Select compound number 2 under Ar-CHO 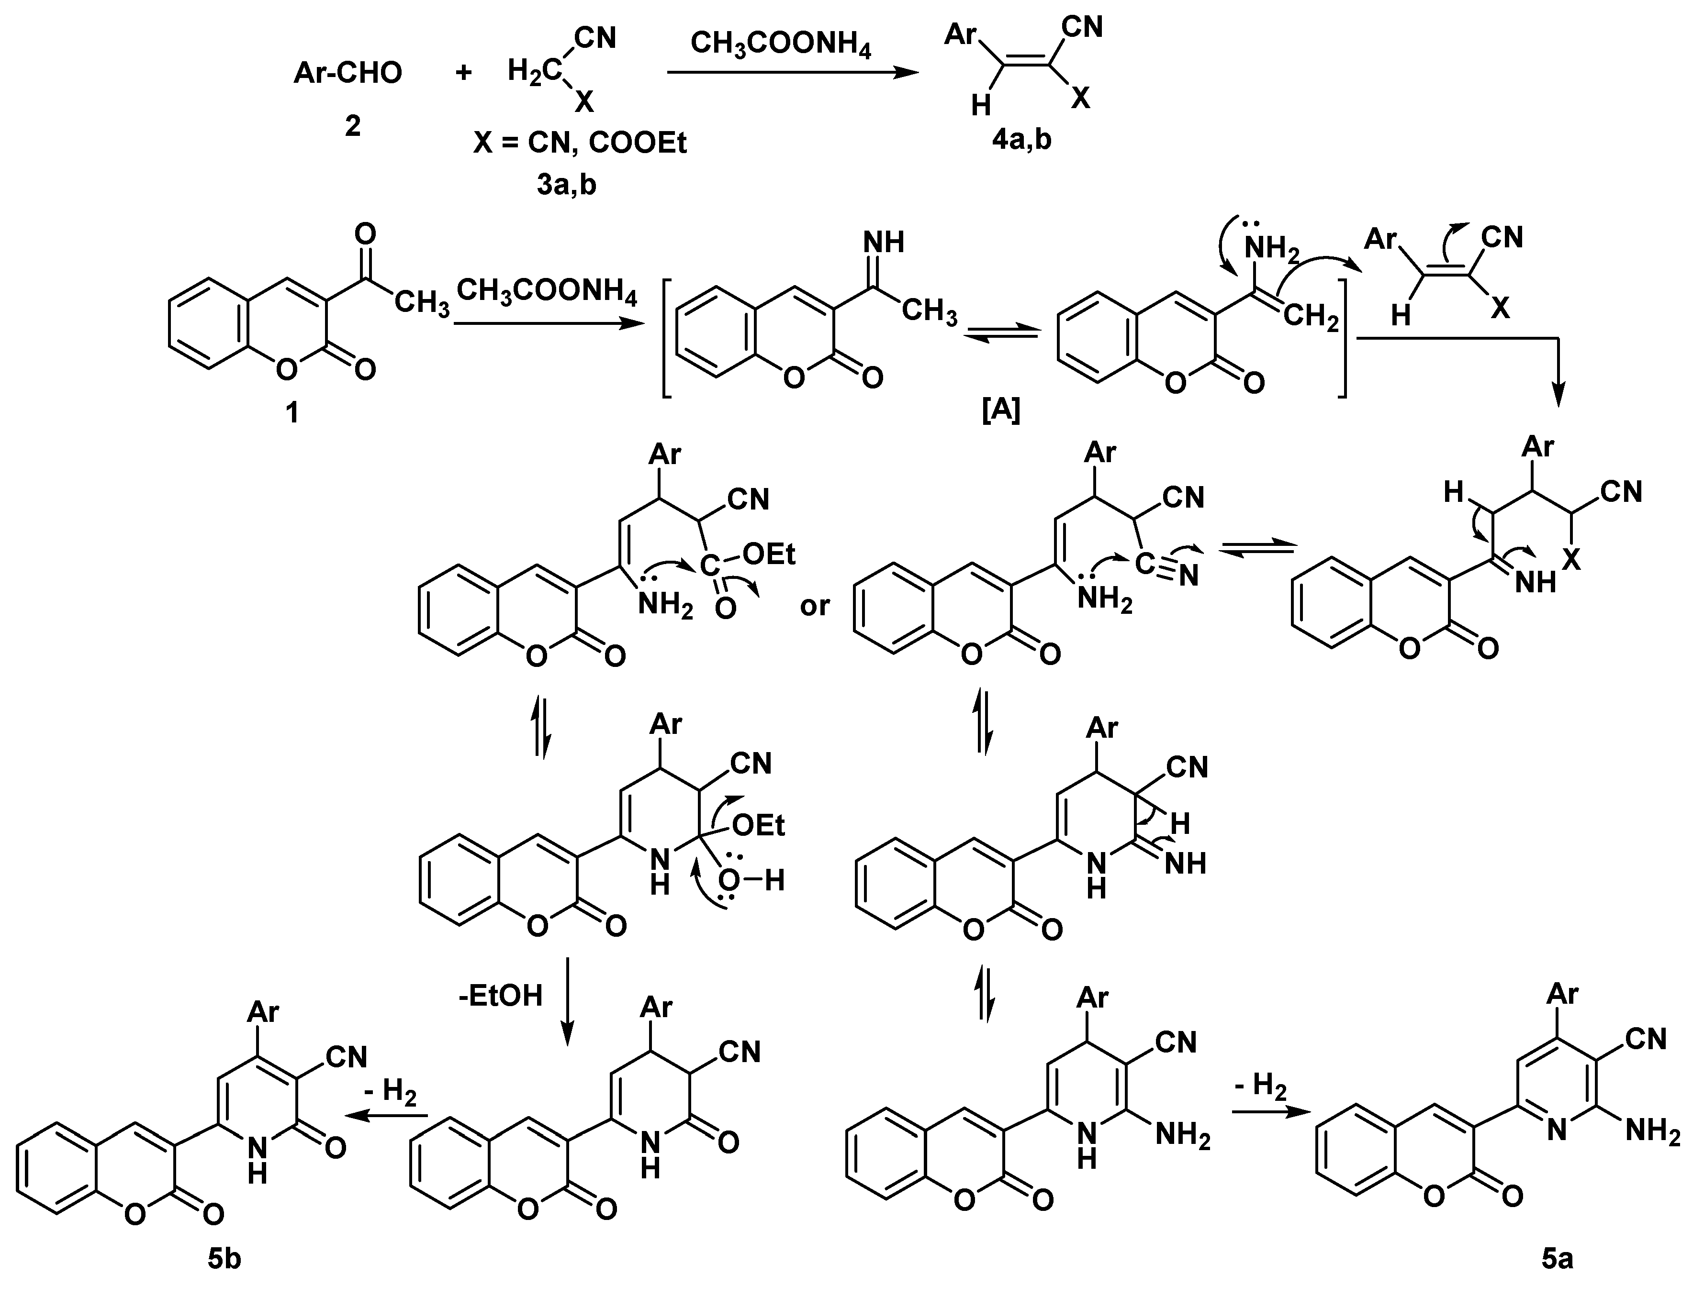[352, 125]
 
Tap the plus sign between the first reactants [463, 73]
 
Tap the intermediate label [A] [1001, 410]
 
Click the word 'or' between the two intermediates [815, 606]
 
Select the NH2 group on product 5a [1653, 1132]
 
